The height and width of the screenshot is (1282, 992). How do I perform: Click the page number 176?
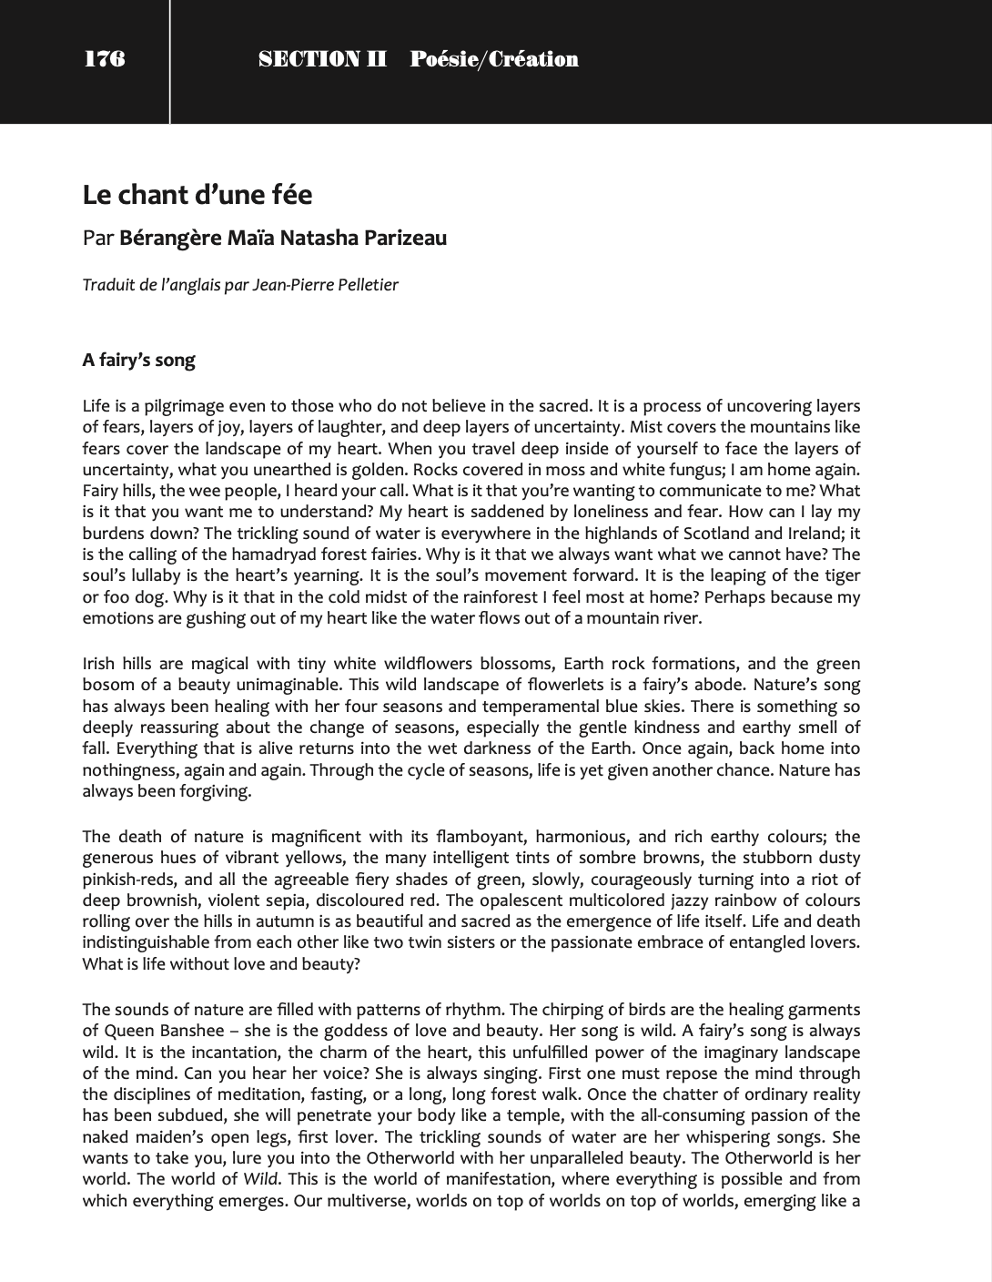[105, 59]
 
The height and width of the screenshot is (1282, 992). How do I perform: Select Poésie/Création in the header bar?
[494, 59]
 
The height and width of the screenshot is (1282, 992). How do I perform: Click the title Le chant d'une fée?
[197, 195]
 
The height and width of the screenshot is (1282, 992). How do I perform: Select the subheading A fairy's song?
[138, 360]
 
